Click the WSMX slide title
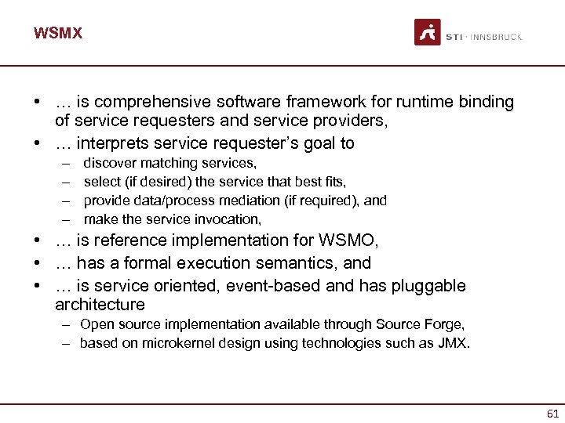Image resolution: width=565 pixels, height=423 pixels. pos(58,34)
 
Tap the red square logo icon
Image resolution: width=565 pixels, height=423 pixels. pos(428,32)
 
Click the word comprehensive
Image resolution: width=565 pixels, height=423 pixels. pos(146,102)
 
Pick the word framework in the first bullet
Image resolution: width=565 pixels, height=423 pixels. pos(298,102)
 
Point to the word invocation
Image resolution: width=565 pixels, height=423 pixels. pos(226,219)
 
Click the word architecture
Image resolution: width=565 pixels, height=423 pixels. pos(100,305)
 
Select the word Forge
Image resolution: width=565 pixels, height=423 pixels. pos(446,324)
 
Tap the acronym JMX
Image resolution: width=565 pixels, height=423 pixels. pos(454,343)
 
